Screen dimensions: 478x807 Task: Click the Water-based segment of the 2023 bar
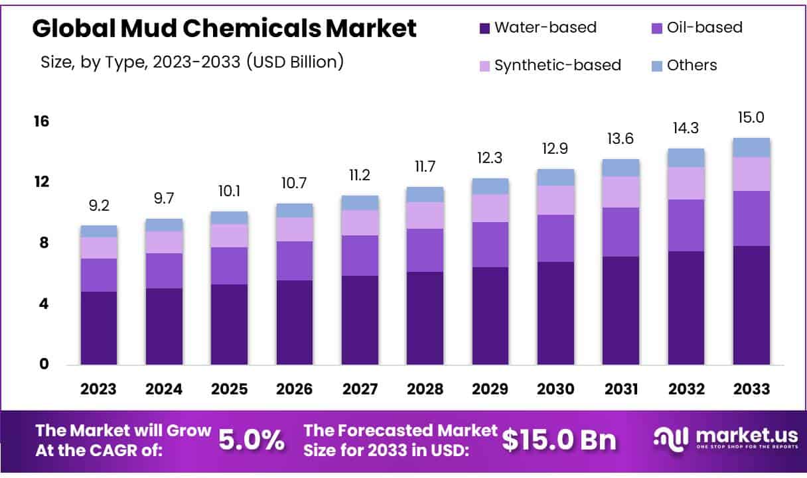[99, 328]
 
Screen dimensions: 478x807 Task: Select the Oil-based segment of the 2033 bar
[751, 218]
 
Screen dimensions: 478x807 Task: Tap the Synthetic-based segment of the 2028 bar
[425, 215]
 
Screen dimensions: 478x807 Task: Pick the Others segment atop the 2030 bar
[555, 177]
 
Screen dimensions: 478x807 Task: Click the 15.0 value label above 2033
[751, 118]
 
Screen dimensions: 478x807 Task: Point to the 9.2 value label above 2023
[99, 206]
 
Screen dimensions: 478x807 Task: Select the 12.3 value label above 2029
[490, 158]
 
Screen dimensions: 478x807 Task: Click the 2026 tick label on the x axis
[295, 389]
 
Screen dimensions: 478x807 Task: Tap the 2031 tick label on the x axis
[621, 389]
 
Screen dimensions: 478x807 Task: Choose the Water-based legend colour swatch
[484, 29]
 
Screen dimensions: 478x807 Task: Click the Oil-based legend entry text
[704, 28]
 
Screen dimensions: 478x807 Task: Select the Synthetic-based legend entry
[557, 65]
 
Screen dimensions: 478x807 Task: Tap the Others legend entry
[692, 65]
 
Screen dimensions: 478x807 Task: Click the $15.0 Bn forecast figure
[559, 440]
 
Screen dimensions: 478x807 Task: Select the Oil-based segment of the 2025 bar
[230, 266]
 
